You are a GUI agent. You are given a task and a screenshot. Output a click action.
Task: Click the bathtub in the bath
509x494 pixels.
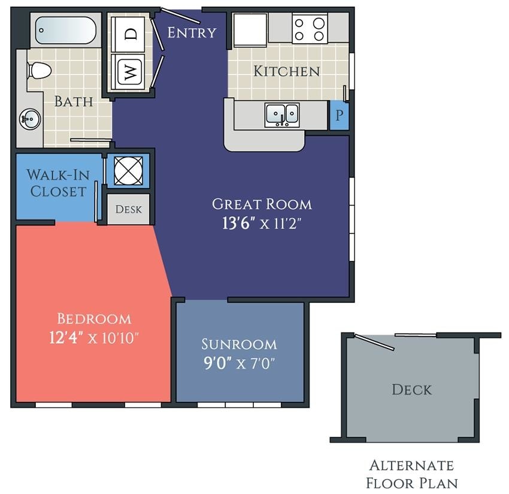[66, 30]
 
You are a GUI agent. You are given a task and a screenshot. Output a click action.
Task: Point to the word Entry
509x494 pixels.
[191, 32]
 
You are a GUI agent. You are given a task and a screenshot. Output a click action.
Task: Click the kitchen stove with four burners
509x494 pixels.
[310, 28]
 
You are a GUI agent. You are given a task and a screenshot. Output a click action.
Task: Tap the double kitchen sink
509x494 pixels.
[283, 114]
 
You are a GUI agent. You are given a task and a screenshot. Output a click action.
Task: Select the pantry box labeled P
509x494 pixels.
[339, 116]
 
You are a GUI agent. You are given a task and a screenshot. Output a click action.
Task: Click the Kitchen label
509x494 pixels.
[286, 71]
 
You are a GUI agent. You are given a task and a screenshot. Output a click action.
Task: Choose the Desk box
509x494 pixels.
[128, 209]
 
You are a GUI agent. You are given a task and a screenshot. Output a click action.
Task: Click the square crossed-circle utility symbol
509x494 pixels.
[128, 171]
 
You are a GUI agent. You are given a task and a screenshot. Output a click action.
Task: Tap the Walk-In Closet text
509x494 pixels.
[57, 184]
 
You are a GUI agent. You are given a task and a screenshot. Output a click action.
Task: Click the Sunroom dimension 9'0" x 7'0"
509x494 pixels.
[240, 363]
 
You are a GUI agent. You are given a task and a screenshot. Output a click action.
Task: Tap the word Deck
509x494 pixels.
[411, 390]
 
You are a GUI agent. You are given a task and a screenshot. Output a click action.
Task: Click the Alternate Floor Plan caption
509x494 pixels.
[411, 474]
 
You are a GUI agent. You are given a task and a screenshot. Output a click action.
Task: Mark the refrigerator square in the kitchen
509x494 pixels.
[250, 29]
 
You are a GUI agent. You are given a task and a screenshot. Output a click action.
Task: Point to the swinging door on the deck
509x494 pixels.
[374, 342]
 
